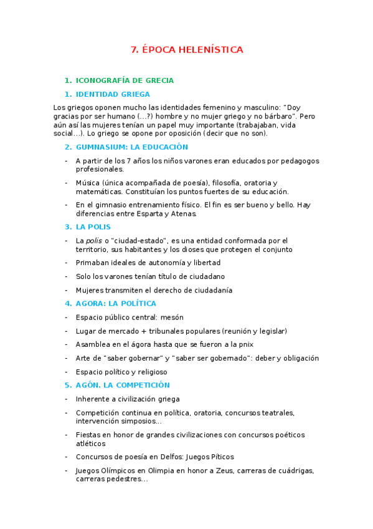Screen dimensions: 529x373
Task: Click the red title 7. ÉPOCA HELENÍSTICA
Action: point(187,50)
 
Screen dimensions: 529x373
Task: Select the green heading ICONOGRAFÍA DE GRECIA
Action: point(125,80)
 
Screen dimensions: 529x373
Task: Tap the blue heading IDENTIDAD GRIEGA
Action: point(113,94)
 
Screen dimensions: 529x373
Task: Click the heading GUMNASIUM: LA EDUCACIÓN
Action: point(131,147)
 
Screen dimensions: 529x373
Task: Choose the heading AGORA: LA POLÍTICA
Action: point(116,304)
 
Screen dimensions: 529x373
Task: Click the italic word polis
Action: point(93,240)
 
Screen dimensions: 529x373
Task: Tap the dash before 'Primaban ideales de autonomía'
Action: point(67,263)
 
